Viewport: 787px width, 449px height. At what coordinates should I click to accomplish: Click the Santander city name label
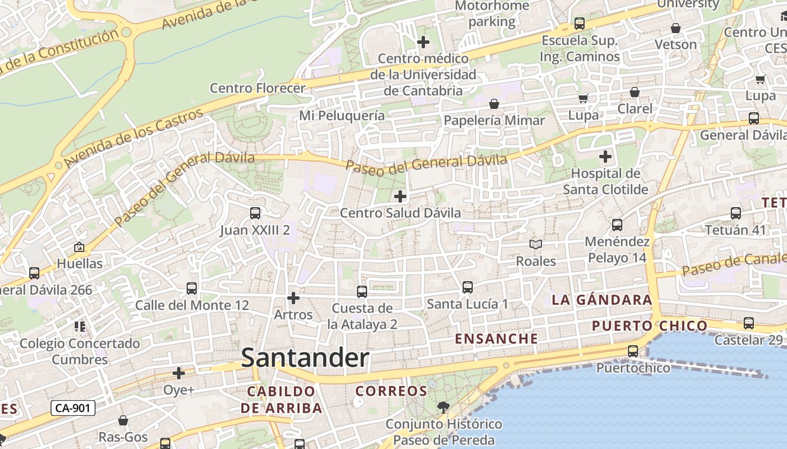tap(305, 358)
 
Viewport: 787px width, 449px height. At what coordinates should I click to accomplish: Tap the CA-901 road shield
tap(73, 408)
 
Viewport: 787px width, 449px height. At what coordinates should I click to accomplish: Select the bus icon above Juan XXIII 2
tap(255, 213)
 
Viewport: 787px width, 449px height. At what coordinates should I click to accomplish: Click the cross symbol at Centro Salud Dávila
tap(400, 196)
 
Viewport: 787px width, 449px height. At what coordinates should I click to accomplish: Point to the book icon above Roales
tap(536, 244)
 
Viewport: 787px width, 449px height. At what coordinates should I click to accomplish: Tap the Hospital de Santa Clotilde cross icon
tap(605, 157)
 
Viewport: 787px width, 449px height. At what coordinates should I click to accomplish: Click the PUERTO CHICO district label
tap(649, 326)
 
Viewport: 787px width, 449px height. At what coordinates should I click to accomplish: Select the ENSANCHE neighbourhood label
tap(496, 339)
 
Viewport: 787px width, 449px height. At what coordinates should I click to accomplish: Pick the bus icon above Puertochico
tap(633, 351)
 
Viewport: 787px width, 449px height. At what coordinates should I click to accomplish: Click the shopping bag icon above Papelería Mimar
tap(494, 104)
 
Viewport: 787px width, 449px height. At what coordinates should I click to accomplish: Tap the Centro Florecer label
tap(257, 88)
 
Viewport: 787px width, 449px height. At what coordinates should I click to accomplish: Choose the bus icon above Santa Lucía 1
tap(467, 287)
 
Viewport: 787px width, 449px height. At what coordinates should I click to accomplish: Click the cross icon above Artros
tap(293, 297)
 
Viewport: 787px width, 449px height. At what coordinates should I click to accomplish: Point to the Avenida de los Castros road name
tap(134, 138)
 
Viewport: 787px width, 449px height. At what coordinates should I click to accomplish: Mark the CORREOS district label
tap(391, 391)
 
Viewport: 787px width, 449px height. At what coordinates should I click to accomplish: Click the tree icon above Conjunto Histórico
tap(444, 407)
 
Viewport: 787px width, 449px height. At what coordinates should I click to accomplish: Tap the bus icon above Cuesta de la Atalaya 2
tap(362, 292)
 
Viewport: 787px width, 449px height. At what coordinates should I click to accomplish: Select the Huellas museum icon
tap(79, 247)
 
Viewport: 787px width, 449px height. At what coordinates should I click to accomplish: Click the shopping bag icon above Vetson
tap(676, 28)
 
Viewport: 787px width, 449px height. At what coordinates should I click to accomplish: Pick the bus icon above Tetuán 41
tap(736, 213)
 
